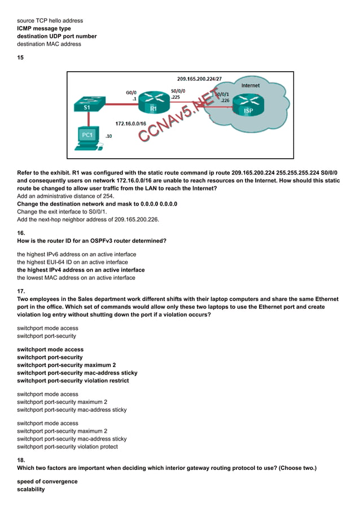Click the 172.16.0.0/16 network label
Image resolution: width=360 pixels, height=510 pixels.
point(130,123)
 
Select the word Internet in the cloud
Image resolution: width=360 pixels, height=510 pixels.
point(251,86)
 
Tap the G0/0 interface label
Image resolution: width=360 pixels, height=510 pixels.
point(131,91)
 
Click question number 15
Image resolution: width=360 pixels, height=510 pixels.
point(20,58)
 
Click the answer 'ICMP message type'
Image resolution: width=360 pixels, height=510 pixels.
point(44,28)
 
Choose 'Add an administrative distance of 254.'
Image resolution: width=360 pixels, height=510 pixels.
point(65,196)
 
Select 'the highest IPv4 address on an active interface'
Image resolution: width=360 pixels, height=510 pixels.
point(81,270)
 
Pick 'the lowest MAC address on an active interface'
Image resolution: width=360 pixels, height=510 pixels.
point(76,277)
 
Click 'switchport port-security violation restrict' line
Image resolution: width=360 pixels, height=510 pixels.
point(73,381)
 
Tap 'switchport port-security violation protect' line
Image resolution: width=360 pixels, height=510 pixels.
point(67,447)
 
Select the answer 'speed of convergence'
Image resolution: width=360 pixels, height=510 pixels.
point(47,482)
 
